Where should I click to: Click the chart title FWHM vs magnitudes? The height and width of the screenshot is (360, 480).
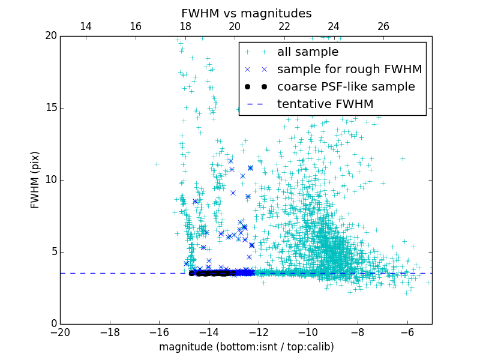(246, 13)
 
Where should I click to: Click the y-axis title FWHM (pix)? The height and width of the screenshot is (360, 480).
(35, 180)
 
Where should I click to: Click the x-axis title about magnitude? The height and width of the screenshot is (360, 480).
(246, 347)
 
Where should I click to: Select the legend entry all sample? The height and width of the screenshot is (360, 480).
(308, 52)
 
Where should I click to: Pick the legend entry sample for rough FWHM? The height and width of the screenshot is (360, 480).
(349, 70)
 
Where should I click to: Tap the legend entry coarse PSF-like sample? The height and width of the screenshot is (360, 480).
(346, 87)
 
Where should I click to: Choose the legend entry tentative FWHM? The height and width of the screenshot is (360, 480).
(325, 104)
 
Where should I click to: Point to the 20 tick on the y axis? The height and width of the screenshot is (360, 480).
(50, 36)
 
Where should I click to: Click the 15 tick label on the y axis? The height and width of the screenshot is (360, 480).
(50, 108)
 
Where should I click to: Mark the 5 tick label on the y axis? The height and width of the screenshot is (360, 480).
(53, 252)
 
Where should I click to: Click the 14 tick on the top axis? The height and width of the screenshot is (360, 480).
(86, 26)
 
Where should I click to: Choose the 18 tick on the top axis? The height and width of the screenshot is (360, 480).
(185, 26)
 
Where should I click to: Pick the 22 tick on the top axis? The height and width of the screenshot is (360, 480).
(284, 26)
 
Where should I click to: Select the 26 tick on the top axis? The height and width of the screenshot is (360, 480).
(383, 26)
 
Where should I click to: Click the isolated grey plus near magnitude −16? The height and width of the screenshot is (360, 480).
(157, 164)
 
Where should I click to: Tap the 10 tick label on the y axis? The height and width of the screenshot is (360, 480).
(50, 180)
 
